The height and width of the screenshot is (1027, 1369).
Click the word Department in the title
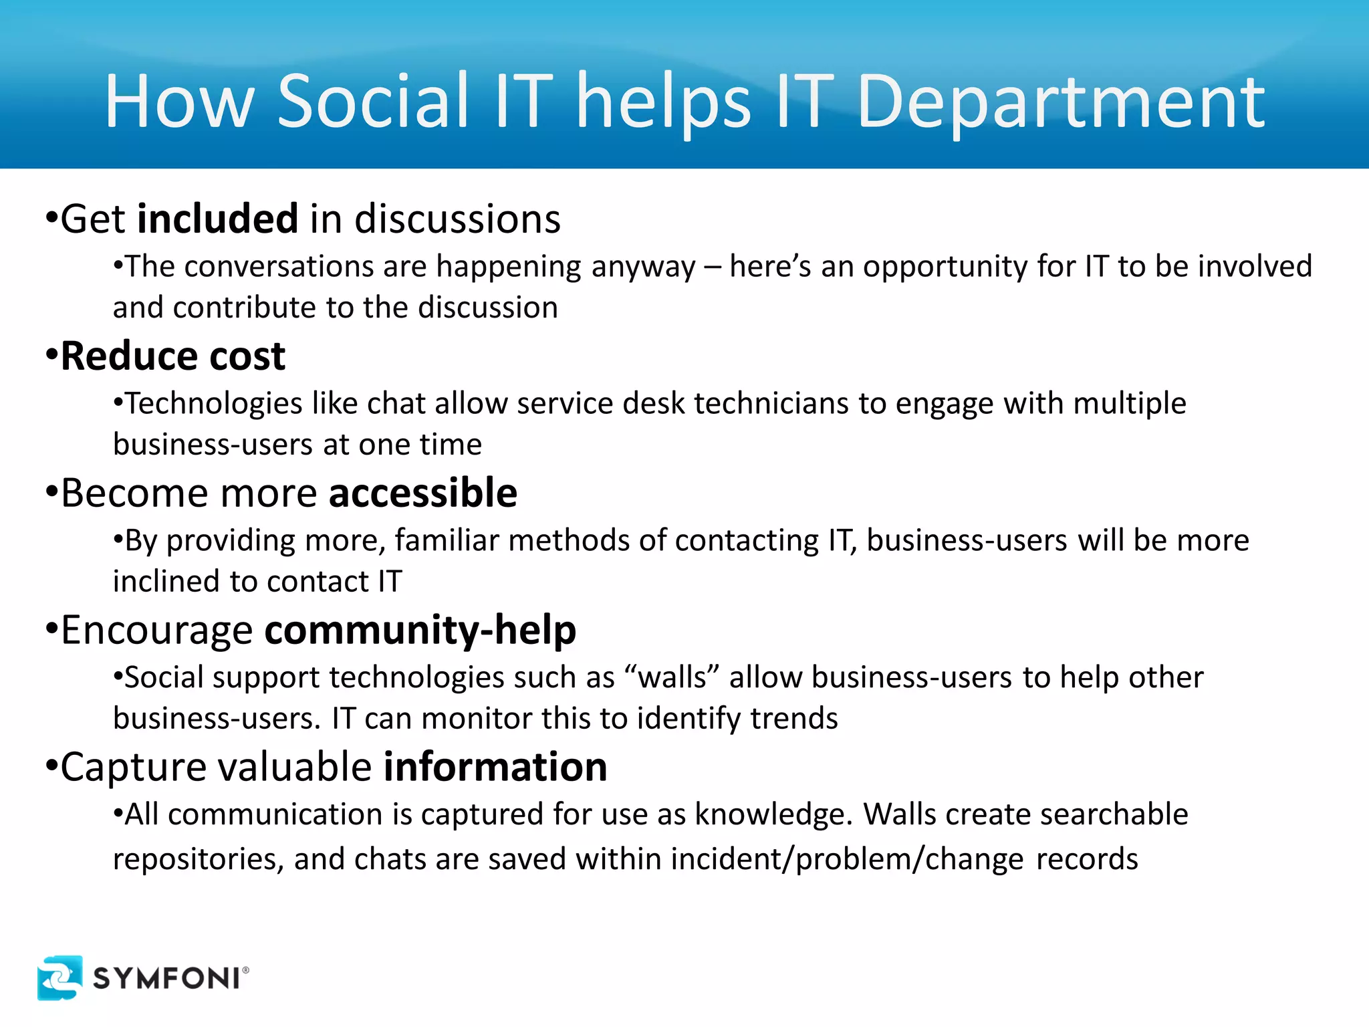(1061, 102)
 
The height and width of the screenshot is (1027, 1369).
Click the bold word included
(217, 219)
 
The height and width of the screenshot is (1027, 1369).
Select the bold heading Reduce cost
(172, 356)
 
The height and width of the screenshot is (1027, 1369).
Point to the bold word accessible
(422, 493)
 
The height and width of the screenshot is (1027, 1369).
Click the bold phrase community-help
(420, 630)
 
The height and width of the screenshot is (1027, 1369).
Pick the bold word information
(495, 767)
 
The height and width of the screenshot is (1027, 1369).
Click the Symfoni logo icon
(60, 978)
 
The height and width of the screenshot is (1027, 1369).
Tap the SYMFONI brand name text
(167, 979)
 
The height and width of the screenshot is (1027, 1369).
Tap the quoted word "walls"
(672, 677)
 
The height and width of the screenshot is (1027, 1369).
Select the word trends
(793, 719)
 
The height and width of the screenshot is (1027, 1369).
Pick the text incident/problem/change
(847, 859)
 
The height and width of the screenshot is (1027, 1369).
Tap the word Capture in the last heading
(132, 768)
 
